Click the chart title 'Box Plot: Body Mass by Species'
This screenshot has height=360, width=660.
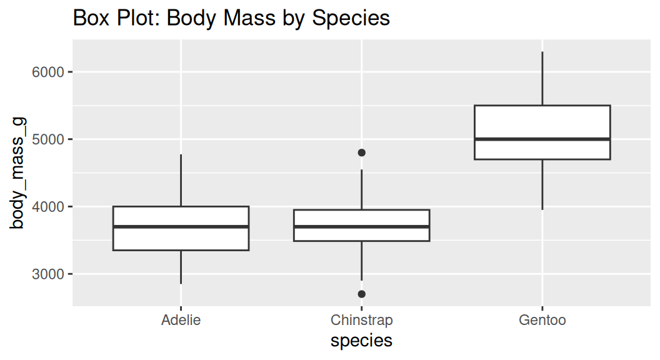pyautogui.click(x=231, y=17)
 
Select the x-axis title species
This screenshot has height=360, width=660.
pyautogui.click(x=361, y=341)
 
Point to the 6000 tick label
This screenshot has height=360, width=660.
pyautogui.click(x=48, y=72)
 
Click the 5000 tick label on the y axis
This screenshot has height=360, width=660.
pyautogui.click(x=48, y=139)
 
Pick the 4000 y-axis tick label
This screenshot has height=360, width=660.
pyautogui.click(x=48, y=207)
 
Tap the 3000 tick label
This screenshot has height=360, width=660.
pyautogui.click(x=48, y=274)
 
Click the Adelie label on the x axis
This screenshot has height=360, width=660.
pyautogui.click(x=181, y=321)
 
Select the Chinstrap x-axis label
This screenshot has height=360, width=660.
pyautogui.click(x=361, y=321)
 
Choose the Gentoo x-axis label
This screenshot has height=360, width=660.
pyautogui.click(x=542, y=321)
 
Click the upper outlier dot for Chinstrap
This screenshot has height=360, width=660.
pyautogui.click(x=361, y=152)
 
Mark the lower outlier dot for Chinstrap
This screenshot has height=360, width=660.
pyautogui.click(x=361, y=294)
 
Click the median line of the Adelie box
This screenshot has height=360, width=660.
pyautogui.click(x=181, y=227)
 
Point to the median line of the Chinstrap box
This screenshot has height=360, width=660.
pyautogui.click(x=361, y=227)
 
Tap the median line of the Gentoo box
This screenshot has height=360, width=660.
pyautogui.click(x=542, y=139)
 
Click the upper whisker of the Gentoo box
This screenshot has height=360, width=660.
pyautogui.click(x=542, y=78)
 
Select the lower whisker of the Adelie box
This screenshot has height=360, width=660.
pyautogui.click(x=181, y=267)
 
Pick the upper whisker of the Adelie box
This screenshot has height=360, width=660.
pyautogui.click(x=181, y=180)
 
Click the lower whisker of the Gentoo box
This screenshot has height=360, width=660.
pyautogui.click(x=542, y=184)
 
